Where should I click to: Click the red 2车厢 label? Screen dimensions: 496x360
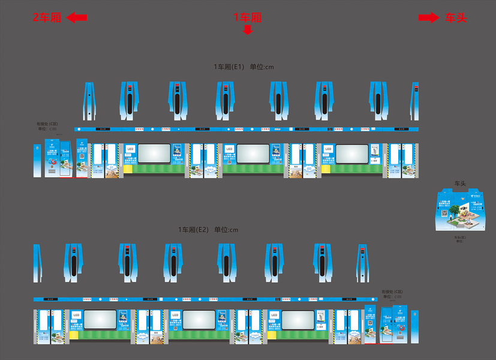(47, 17)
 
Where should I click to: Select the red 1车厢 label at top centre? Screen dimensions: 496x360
(248, 17)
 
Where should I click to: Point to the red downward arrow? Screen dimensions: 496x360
(248, 29)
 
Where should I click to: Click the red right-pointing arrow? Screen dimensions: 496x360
(428, 18)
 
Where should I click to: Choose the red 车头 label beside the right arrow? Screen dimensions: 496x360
(455, 18)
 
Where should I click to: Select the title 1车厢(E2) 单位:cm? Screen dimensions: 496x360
(208, 230)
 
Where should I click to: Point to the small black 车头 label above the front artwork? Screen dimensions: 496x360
(460, 183)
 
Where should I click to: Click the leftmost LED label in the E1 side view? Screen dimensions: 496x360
(130, 148)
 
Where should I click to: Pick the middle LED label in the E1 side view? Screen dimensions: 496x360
(229, 148)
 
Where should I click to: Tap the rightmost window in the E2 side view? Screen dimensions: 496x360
(298, 319)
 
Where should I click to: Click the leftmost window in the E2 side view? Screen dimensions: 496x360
(100, 319)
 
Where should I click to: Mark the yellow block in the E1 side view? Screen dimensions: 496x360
(326, 169)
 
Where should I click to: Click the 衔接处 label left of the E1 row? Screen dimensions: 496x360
(44, 124)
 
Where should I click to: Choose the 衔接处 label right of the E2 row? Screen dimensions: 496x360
(391, 292)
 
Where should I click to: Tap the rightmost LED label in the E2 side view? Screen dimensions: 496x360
(274, 314)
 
